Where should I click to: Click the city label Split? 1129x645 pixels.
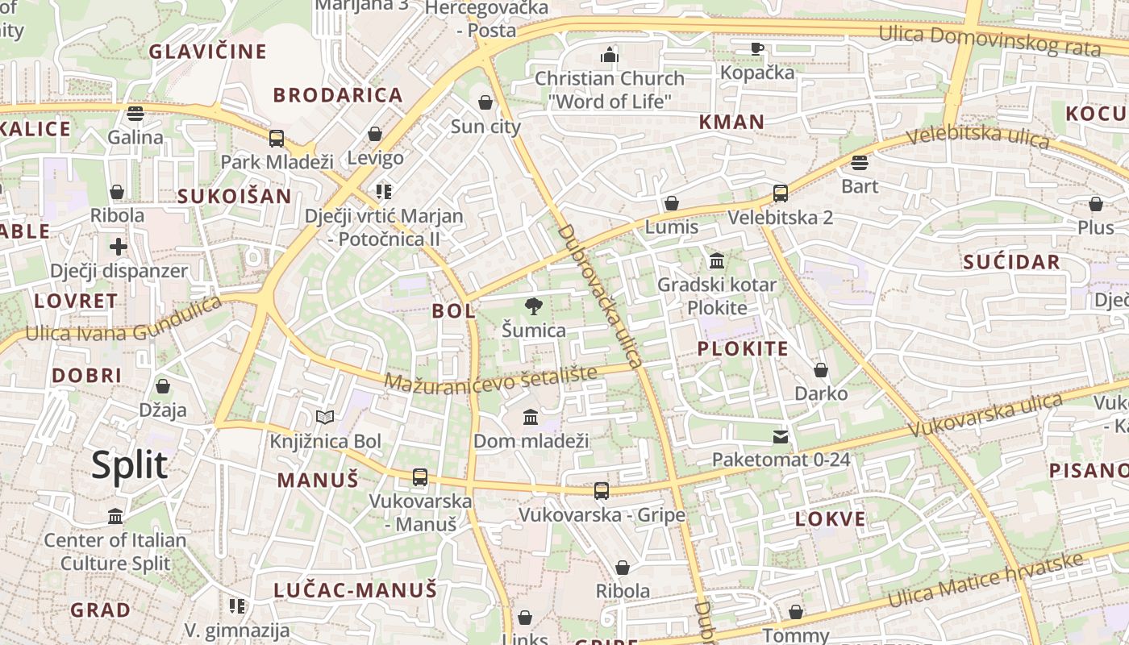tap(129, 466)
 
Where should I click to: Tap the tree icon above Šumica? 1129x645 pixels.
tap(533, 306)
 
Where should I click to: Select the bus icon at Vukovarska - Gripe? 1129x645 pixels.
tap(602, 490)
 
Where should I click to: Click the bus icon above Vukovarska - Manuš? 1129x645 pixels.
tap(420, 476)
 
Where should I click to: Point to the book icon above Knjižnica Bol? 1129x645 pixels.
tap(325, 417)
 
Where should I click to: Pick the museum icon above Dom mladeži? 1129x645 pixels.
tap(531, 417)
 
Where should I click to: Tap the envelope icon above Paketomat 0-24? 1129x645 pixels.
tap(781, 437)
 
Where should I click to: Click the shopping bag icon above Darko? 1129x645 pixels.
tap(821, 370)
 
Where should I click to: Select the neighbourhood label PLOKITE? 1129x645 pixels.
tap(743, 349)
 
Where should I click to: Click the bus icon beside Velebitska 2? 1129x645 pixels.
tap(780, 193)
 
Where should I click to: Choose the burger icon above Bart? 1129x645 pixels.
tap(860, 163)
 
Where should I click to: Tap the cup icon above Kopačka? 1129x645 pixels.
tap(756, 49)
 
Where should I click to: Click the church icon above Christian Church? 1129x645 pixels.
tap(610, 55)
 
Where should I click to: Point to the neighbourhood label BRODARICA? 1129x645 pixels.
tap(338, 95)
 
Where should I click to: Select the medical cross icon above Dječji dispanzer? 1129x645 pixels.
tap(119, 247)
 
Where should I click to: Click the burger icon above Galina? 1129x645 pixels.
tap(135, 113)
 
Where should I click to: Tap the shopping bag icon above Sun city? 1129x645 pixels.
tap(485, 102)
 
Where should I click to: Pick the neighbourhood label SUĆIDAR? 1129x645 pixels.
tap(1011, 262)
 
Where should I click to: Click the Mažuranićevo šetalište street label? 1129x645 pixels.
tap(490, 377)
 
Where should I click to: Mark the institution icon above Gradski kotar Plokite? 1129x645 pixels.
tap(717, 261)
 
